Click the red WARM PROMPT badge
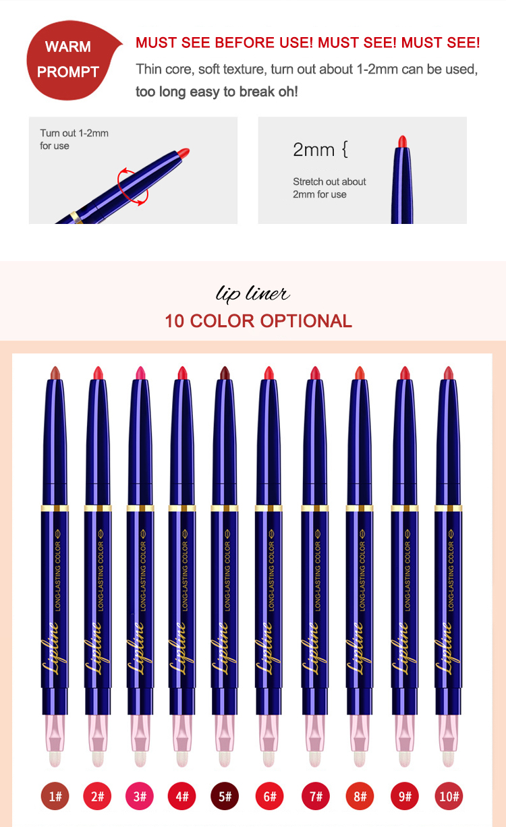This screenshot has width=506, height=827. [70, 60]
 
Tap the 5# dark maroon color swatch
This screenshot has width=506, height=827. [225, 797]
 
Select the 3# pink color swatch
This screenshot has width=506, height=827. [140, 797]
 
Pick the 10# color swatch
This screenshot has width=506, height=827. [449, 797]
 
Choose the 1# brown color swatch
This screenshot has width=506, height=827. [55, 797]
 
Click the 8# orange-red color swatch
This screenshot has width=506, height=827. [360, 797]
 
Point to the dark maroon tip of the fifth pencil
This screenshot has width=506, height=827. [225, 372]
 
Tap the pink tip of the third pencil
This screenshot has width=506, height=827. [140, 372]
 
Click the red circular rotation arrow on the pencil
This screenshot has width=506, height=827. [133, 186]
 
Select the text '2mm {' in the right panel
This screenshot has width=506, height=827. [320, 150]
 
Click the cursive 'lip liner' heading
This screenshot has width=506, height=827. [252, 294]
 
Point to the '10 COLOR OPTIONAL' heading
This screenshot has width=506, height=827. [258, 321]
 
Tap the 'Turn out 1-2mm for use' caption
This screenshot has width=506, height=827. [74, 139]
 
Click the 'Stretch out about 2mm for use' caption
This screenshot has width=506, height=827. [329, 188]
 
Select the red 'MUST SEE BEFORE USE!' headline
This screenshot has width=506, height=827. [225, 42]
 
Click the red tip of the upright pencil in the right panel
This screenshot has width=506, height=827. [402, 142]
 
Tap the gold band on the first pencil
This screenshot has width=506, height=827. [55, 509]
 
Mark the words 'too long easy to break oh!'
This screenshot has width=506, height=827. [217, 92]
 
